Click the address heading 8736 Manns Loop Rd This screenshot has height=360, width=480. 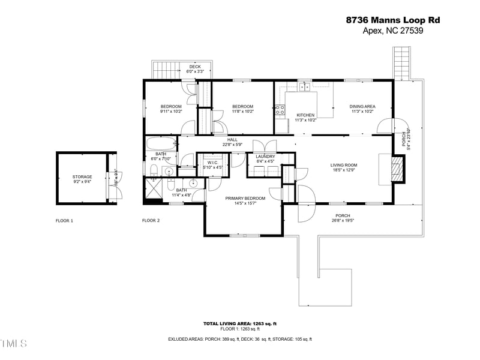[x=393, y=20]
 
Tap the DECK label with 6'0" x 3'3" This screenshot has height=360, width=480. [x=195, y=69]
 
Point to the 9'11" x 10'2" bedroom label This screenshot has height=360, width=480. [x=170, y=109]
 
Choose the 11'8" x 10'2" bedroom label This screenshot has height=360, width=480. [x=243, y=109]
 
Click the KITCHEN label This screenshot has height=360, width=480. [x=305, y=117]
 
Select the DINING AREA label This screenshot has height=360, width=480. [x=362, y=109]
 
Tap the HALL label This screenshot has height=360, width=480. [x=232, y=142]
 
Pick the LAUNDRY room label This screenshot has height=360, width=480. [x=265, y=159]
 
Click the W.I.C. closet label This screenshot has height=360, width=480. [x=212, y=165]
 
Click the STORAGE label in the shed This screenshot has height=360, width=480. [x=82, y=179]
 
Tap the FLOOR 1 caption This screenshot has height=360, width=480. [x=64, y=221]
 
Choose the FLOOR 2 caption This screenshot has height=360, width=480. [x=151, y=221]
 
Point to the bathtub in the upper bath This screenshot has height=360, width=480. [x=161, y=144]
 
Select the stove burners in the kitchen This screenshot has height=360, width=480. [x=280, y=109]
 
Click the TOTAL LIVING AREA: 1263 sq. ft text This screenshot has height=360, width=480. [x=240, y=323]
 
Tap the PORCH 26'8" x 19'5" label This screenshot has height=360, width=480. [x=343, y=218]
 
